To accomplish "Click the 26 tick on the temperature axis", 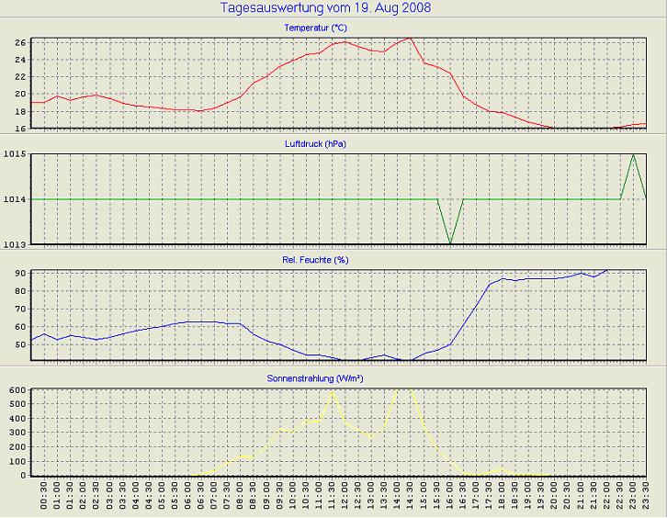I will tap(18, 42).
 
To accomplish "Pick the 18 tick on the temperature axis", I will tap(18, 111).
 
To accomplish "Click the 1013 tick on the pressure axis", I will tap(14, 243).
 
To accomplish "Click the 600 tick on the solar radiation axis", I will tap(16, 389).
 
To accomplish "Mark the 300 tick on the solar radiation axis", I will tap(16, 433).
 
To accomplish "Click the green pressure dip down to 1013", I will tap(450, 242).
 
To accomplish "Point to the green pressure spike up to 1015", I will tap(633, 155).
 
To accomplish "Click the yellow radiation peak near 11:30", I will tap(332, 392).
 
